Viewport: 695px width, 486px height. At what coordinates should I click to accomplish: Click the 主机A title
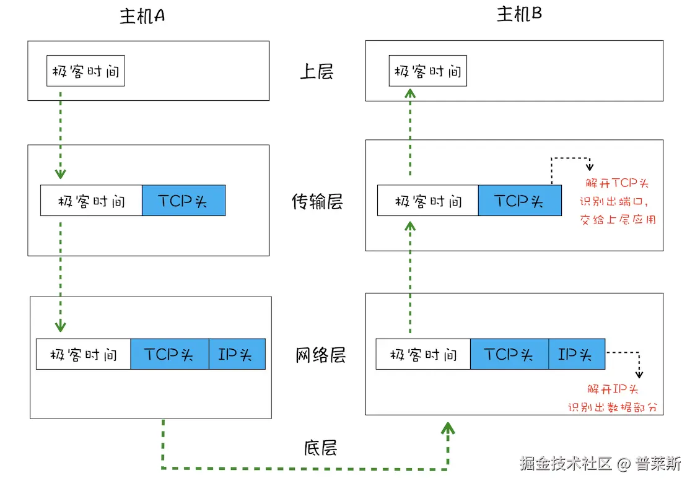142,16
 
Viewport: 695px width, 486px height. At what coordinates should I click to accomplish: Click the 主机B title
519,14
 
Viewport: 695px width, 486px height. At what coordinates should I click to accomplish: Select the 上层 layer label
317,72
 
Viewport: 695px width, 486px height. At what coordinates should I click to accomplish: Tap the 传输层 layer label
317,201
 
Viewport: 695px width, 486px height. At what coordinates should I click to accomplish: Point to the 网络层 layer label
320,355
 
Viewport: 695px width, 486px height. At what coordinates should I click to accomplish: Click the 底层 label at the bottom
320,447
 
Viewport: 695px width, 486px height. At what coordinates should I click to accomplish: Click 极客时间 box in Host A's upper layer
85,71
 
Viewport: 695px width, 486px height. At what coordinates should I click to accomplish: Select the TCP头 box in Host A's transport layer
183,201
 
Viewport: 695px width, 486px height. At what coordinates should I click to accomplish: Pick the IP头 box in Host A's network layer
237,354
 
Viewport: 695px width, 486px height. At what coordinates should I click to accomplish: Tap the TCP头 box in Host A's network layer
169,354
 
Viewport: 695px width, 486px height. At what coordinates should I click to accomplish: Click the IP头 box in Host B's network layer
576,354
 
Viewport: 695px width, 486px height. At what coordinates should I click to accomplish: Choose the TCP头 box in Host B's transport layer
520,201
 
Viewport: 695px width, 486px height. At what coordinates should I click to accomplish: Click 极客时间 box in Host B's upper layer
427,71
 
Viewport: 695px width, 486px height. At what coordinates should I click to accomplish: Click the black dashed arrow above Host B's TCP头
572,160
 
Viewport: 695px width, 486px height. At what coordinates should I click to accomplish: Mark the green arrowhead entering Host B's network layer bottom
448,428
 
